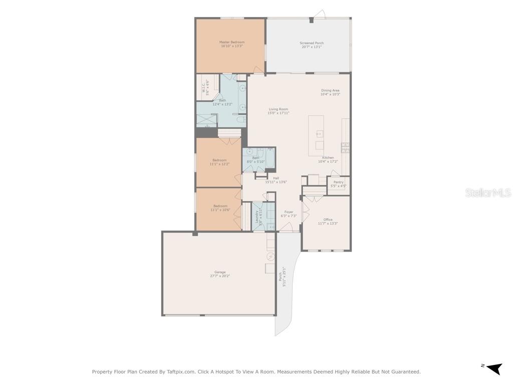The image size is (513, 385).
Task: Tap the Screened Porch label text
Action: click(312, 43)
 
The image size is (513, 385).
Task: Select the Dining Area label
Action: click(330, 91)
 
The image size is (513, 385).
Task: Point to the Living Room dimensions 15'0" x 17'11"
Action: click(279, 113)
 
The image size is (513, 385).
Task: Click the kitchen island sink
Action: click(319, 133)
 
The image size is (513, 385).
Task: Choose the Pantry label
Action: click(338, 182)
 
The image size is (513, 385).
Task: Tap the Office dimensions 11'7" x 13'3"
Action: click(328, 224)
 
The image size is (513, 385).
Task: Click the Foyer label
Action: click(289, 212)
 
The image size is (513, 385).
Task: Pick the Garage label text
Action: click(220, 272)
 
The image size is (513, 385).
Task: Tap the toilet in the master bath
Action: click(240, 120)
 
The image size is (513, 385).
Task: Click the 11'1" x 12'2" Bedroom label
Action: click(219, 160)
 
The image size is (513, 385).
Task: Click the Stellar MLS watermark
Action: click(487, 193)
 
